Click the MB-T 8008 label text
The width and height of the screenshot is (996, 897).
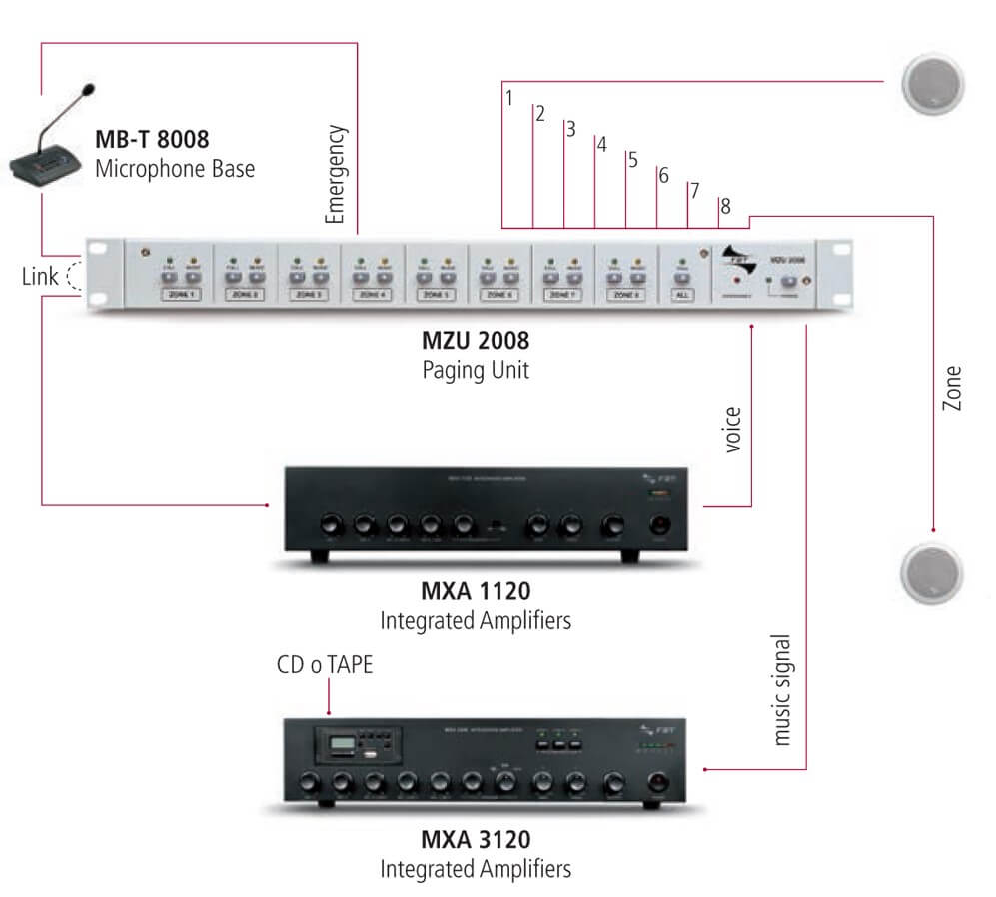click(152, 138)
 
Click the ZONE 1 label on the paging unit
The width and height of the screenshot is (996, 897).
click(181, 295)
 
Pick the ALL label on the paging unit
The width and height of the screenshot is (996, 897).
click(683, 295)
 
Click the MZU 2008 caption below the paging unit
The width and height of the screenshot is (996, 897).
click(475, 343)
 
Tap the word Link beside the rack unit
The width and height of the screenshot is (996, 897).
click(40, 276)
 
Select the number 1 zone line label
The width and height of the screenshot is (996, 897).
click(509, 98)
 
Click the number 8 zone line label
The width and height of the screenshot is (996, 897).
click(725, 206)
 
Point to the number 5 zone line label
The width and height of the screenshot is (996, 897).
click(632, 160)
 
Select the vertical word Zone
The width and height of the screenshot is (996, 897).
click(952, 391)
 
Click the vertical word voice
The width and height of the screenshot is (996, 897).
click(732, 430)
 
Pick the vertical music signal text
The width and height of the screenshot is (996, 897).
click(782, 689)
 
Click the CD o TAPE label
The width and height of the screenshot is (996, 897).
click(325, 664)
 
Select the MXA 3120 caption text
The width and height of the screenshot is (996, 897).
click(476, 840)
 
